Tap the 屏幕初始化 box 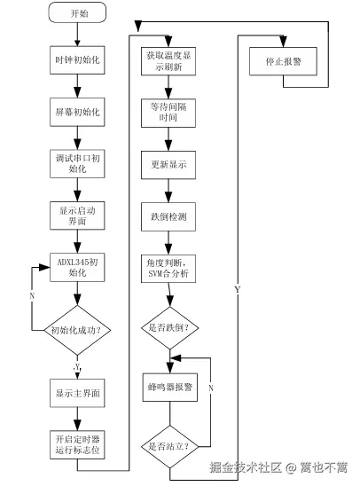pos(79,114)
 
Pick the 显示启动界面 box pos(79,215)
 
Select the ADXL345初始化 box pos(79,268)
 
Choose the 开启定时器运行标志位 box pos(79,443)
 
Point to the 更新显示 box pos(168,165)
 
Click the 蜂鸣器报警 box pos(168,388)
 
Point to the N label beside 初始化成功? pos(32,295)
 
